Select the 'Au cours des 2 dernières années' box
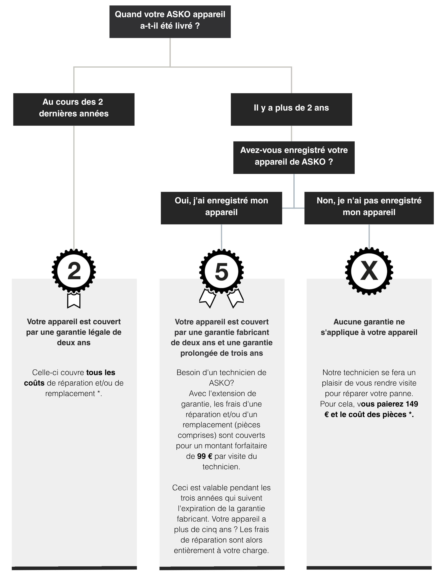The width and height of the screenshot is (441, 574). pyautogui.click(x=74, y=109)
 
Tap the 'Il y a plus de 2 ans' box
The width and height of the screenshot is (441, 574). pyautogui.click(x=291, y=109)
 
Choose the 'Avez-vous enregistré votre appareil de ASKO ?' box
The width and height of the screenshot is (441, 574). pyautogui.click(x=294, y=158)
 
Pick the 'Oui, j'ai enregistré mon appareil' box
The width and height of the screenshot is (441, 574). pyautogui.click(x=221, y=208)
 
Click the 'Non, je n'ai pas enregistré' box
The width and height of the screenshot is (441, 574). pyautogui.click(x=369, y=208)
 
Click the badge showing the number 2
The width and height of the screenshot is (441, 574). pyautogui.click(x=74, y=271)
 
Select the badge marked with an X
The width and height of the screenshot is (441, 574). pyautogui.click(x=369, y=271)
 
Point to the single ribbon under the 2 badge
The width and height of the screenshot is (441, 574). pyautogui.click(x=74, y=300)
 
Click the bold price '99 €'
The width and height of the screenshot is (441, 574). pyautogui.click(x=204, y=456)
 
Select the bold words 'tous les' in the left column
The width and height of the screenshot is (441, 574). pyautogui.click(x=101, y=372)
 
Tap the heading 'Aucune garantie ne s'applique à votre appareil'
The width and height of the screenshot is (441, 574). pyautogui.click(x=369, y=327)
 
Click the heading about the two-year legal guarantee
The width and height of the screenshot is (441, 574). pyautogui.click(x=74, y=332)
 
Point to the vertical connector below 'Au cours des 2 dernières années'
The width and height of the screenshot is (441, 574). pyautogui.click(x=74, y=187)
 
